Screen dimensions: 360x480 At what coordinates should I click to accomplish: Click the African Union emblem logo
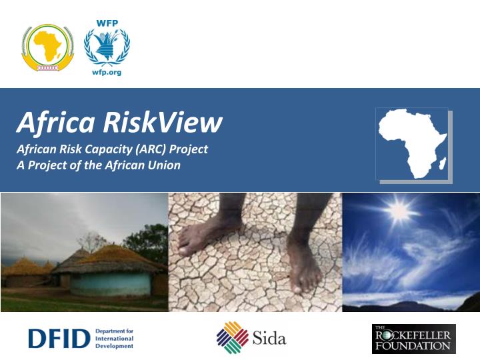pyautogui.click(x=46, y=48)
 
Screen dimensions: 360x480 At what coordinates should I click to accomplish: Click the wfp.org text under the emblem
pyautogui.click(x=107, y=71)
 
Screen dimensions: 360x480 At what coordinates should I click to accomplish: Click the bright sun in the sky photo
pyautogui.click(x=399, y=212)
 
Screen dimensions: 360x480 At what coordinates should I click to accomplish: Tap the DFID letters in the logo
pyautogui.click(x=59, y=339)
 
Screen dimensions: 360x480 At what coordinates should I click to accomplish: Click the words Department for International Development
pyautogui.click(x=115, y=339)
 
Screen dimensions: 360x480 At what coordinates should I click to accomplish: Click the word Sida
pyautogui.click(x=269, y=338)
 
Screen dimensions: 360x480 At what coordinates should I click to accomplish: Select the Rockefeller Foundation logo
pyautogui.click(x=413, y=339)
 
